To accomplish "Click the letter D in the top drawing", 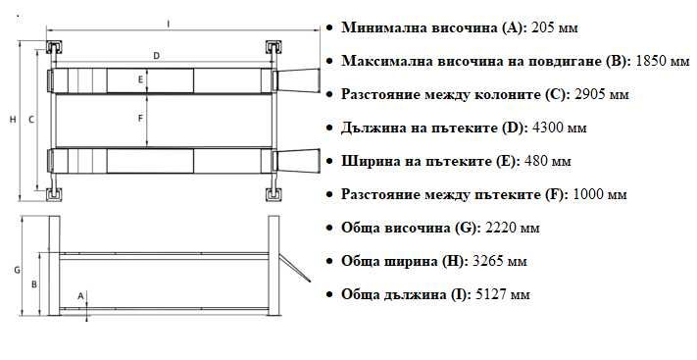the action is (x=157, y=56).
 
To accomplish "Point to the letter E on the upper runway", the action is (x=141, y=78).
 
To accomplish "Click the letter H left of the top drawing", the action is (x=13, y=119).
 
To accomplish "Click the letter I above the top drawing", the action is (x=168, y=23).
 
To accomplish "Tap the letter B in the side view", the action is (x=35, y=284).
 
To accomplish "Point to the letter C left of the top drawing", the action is (x=31, y=119).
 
